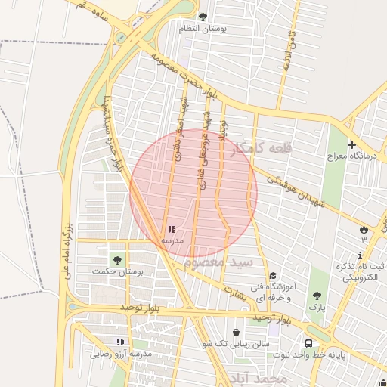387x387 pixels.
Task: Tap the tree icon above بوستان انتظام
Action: pyautogui.click(x=202, y=16)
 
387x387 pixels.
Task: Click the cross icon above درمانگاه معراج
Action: pyautogui.click(x=351, y=144)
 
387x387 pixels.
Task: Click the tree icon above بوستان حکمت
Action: pyautogui.click(x=116, y=260)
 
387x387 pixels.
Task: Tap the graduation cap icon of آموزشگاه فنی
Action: pyautogui.click(x=273, y=276)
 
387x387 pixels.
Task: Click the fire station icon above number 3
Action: pyautogui.click(x=364, y=228)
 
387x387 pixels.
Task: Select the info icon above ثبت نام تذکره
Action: pyautogui.click(x=360, y=255)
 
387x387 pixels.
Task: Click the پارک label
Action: pyautogui.click(x=315, y=307)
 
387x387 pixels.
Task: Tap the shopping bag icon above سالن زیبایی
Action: pyautogui.click(x=237, y=332)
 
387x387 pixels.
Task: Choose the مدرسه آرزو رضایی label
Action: pyautogui.click(x=122, y=353)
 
